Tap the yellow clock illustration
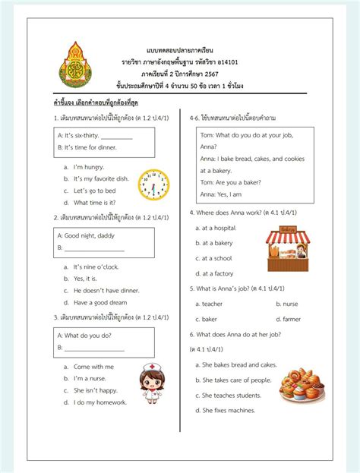153,184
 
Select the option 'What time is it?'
94,203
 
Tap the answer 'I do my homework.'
99,402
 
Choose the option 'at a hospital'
219,228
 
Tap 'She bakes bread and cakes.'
239,364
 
